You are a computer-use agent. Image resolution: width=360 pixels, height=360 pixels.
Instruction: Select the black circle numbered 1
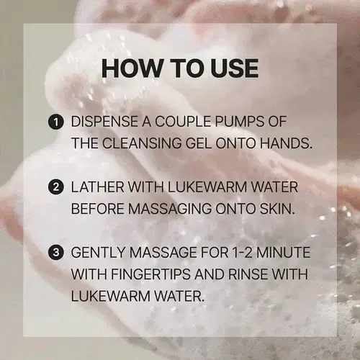[x=55, y=122]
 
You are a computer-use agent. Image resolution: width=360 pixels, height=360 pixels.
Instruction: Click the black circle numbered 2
[x=55, y=187]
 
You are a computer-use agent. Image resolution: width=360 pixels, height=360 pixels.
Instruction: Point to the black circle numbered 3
[x=55, y=253]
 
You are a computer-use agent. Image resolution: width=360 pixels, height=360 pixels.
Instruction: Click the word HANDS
[x=287, y=143]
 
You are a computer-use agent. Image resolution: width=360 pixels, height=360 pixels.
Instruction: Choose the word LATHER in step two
[x=98, y=187]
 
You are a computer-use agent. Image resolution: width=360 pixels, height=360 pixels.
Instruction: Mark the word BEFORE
[x=97, y=209]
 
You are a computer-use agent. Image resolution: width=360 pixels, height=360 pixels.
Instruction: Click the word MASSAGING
[x=170, y=209]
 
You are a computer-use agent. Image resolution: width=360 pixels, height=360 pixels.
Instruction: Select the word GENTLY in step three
[x=98, y=253]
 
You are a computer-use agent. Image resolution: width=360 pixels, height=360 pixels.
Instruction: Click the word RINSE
[x=248, y=274]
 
